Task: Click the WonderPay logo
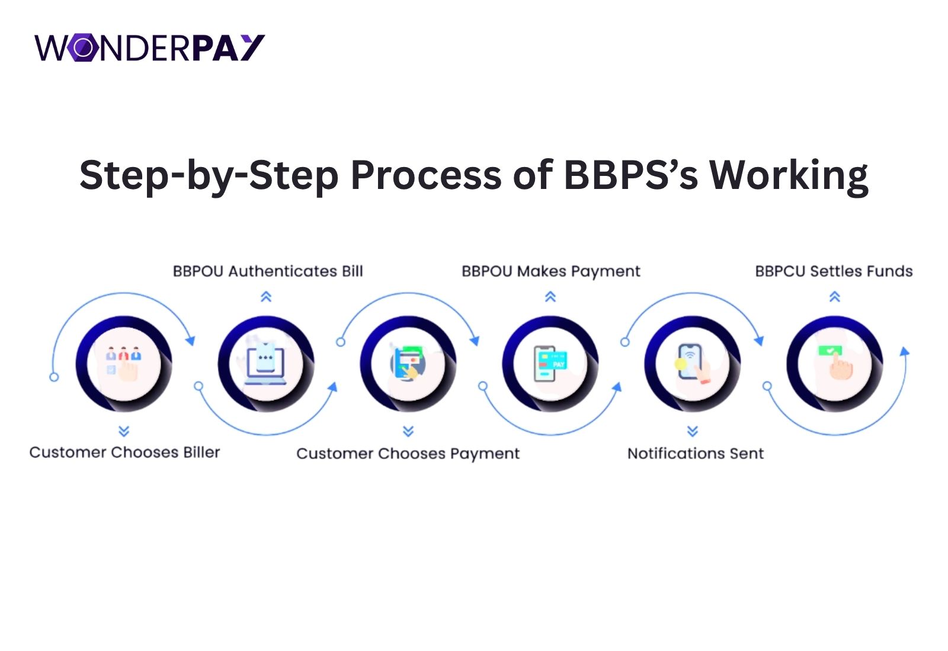pyautogui.click(x=149, y=48)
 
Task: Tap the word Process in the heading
pyautogui.click(x=426, y=175)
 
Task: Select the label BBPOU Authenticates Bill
pyautogui.click(x=268, y=271)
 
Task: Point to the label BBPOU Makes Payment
pyautogui.click(x=550, y=271)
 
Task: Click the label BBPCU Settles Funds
pyautogui.click(x=834, y=271)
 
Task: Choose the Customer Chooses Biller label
pyautogui.click(x=124, y=453)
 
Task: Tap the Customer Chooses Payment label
pyautogui.click(x=408, y=454)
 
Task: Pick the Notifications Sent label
pyautogui.click(x=696, y=454)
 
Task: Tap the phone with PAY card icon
pyautogui.click(x=550, y=363)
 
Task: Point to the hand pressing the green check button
pyautogui.click(x=835, y=363)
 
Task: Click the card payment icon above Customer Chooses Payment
pyautogui.click(x=408, y=363)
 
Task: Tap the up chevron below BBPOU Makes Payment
pyautogui.click(x=550, y=297)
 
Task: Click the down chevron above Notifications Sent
pyautogui.click(x=693, y=431)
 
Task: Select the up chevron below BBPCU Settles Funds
pyautogui.click(x=835, y=297)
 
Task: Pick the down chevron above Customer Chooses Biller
pyautogui.click(x=124, y=431)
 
